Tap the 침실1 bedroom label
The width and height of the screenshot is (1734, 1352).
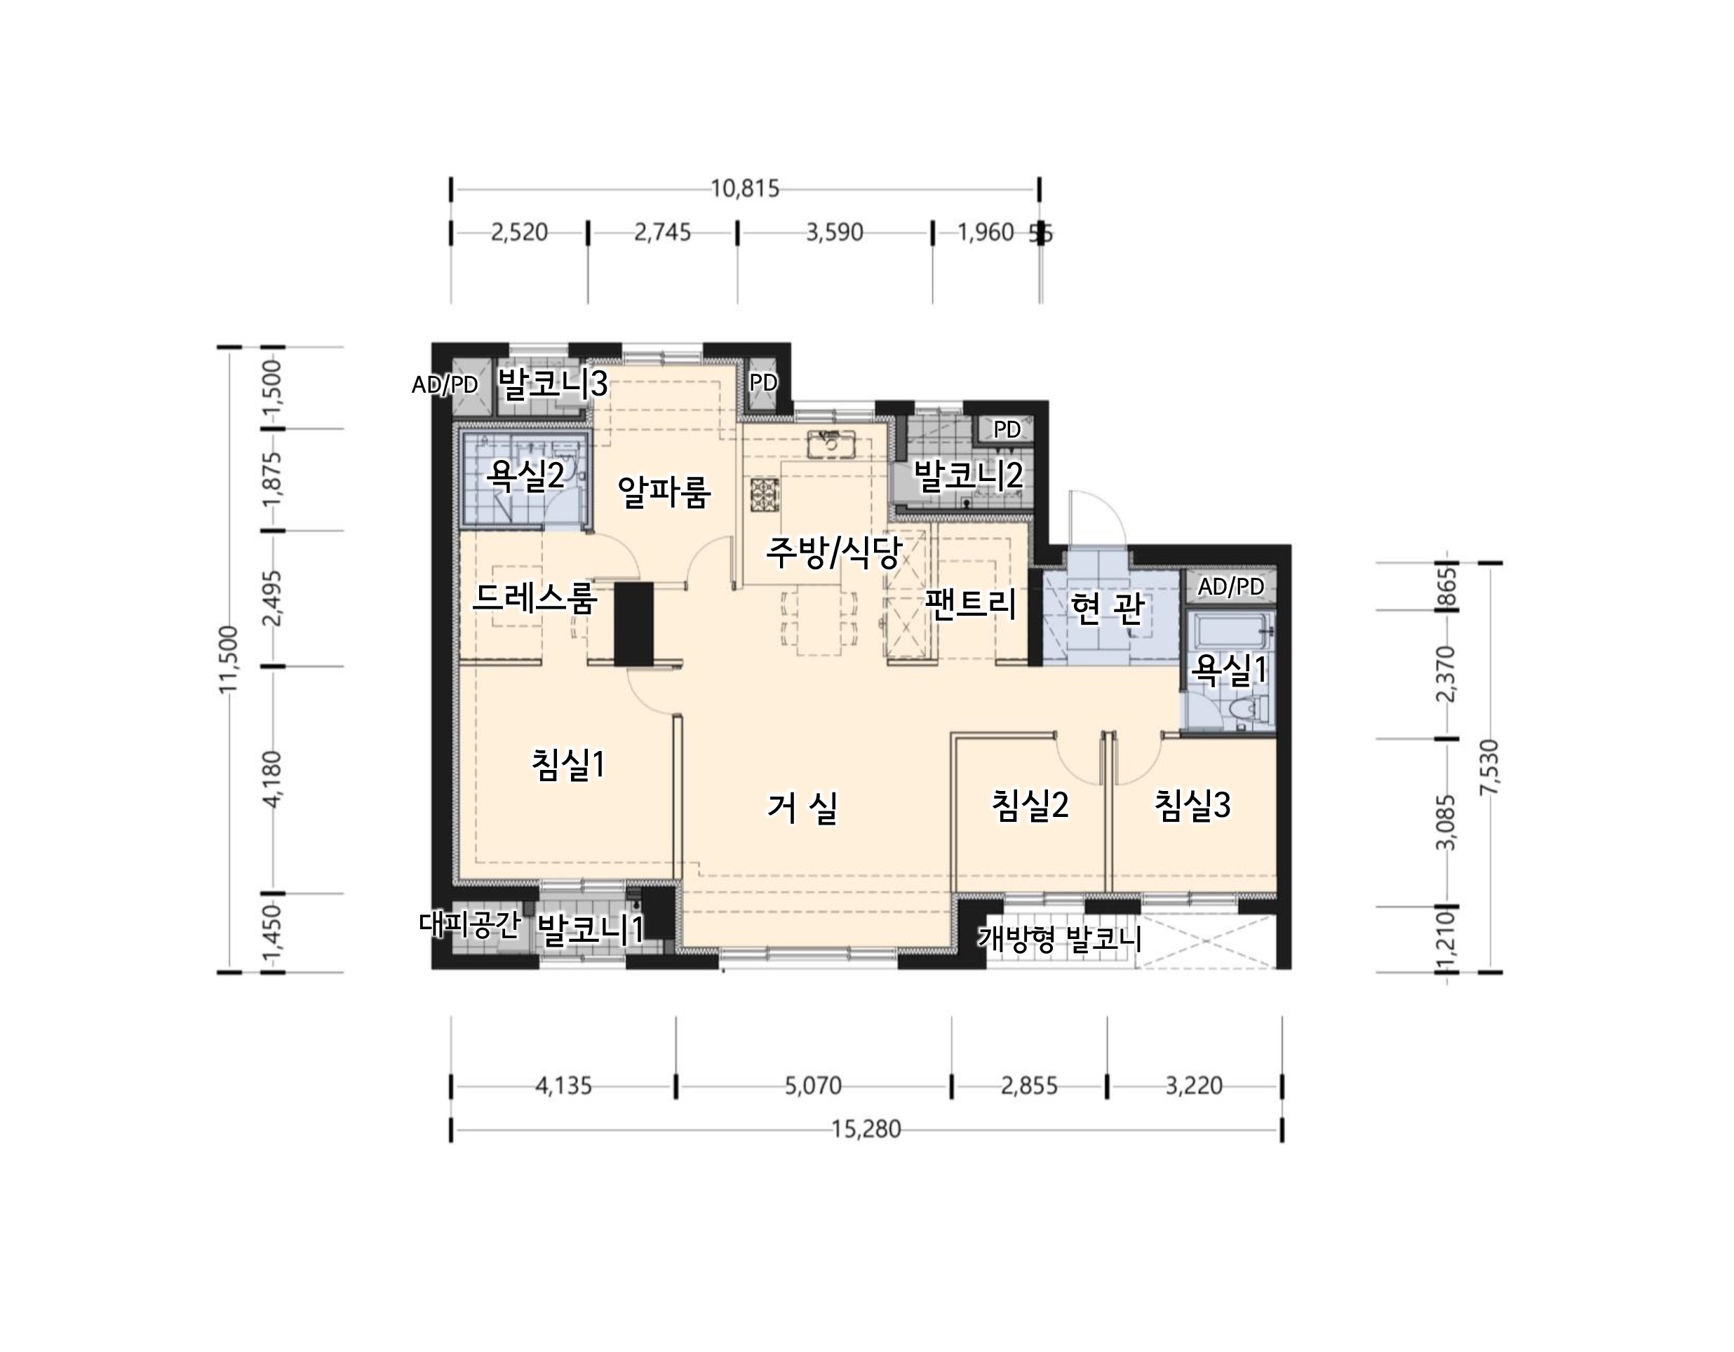point(568,764)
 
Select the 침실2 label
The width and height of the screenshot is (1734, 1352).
point(1030,805)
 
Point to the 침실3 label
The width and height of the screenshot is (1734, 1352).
point(1192,805)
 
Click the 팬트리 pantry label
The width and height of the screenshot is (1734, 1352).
point(970,604)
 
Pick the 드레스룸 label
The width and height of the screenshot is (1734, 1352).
point(535,597)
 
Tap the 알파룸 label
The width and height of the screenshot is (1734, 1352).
point(664,492)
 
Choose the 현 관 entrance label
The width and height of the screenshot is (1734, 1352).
point(1108,607)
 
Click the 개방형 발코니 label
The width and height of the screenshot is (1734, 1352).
point(1060,939)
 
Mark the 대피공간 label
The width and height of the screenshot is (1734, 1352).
point(469,924)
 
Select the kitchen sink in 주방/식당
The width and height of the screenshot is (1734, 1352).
point(831,444)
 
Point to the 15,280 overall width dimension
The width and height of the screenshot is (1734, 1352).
point(866,1128)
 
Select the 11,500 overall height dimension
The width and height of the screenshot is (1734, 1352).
point(229,659)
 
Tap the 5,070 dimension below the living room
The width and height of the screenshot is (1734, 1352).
point(813,1086)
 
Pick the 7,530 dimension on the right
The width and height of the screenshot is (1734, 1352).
point(1491,767)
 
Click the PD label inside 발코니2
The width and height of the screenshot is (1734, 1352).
point(1007,429)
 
